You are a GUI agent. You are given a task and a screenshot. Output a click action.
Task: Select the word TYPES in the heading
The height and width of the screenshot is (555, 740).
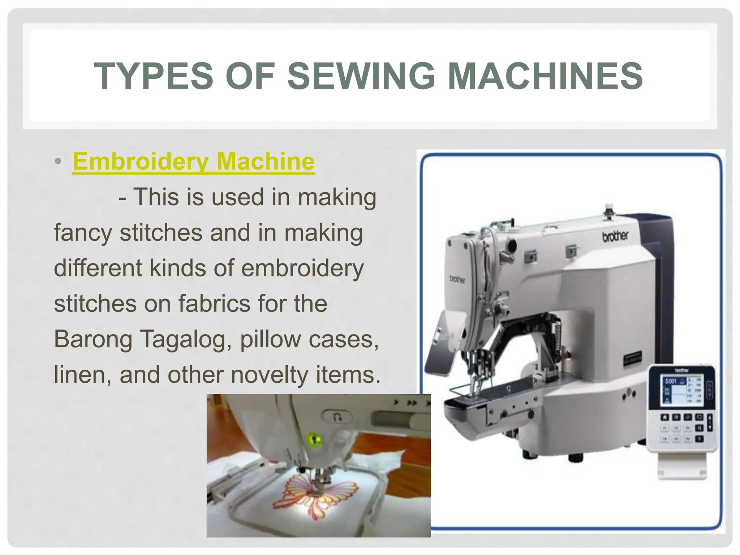154,76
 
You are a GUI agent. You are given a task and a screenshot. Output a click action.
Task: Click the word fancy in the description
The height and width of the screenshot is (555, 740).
83,232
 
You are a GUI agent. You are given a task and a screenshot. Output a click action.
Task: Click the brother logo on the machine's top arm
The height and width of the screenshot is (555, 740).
615,236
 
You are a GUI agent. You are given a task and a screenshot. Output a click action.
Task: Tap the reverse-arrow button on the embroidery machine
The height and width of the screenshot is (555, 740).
338,417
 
